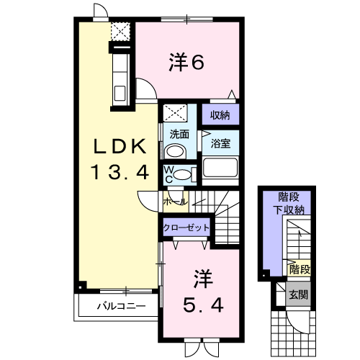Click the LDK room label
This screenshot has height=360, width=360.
coord(120,146)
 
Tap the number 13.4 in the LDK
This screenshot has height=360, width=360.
coord(120,172)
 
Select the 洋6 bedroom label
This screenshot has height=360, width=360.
coord(186,62)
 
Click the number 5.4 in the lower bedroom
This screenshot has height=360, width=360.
coord(203,305)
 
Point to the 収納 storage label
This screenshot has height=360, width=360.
coord(220,115)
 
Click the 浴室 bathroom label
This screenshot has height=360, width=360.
coord(220,143)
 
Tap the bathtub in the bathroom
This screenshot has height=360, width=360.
coord(220,168)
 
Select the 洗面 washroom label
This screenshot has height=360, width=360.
coord(179,135)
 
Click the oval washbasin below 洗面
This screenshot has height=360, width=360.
coord(175,151)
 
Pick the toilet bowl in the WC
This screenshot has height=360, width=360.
coord(182,174)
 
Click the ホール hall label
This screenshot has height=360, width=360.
coord(175,202)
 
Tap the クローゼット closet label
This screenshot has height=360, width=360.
coord(186,228)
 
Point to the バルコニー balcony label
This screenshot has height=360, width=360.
coord(121,306)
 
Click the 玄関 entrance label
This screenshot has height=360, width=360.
coord(298,294)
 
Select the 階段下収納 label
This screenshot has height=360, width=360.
coord(289,204)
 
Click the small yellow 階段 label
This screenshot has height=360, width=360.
coord(300,269)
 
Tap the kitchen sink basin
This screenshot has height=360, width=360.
coord(120,93)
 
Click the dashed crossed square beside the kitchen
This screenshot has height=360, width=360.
coord(120,32)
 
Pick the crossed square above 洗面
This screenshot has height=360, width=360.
coord(175,113)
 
